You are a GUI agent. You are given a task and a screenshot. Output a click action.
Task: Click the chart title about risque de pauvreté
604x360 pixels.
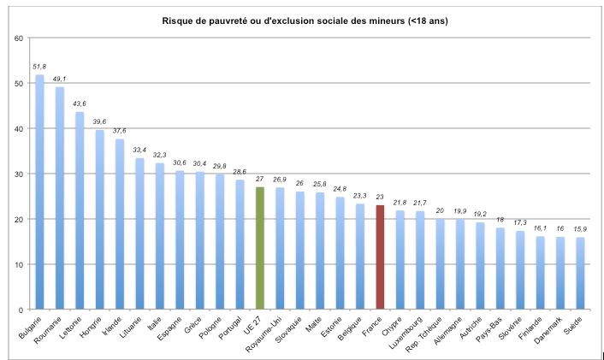pos(305,20)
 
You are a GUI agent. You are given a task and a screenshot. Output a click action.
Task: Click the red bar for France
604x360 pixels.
pos(381,257)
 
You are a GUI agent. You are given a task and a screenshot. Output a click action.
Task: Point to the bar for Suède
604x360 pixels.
pos(581,273)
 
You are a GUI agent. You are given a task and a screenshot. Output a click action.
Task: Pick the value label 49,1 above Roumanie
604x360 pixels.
pos(60,78)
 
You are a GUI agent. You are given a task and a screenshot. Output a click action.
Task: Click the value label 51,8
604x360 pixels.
pos(40,66)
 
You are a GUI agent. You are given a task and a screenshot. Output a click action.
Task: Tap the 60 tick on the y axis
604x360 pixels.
pos(19,38)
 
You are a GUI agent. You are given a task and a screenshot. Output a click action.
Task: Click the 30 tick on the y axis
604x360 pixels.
pos(19,174)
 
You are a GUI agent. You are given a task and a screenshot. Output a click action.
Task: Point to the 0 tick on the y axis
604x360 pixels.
pos(21,309)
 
